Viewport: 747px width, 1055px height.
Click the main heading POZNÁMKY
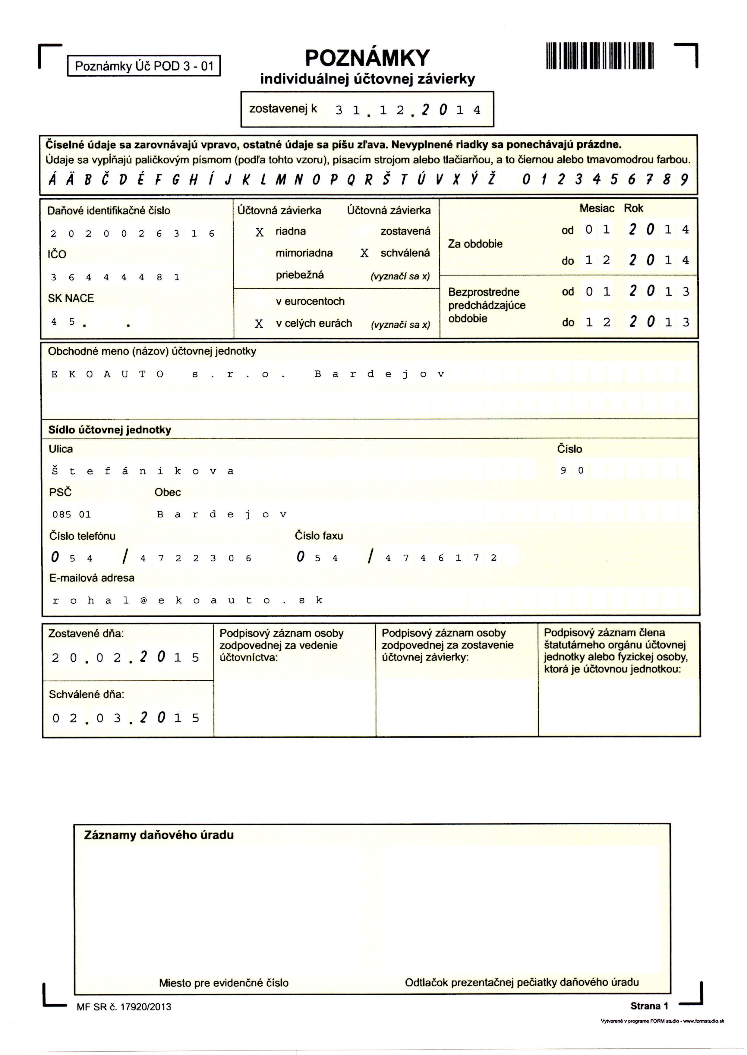pos(367,58)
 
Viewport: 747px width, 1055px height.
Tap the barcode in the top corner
pos(600,56)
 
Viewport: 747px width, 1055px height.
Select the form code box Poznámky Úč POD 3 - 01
pos(144,66)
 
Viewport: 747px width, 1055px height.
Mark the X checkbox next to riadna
pos(260,232)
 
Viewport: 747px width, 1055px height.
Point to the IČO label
pos(57,254)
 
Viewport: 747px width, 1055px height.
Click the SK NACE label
pos(71,298)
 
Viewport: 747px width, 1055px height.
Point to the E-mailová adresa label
pos(92,578)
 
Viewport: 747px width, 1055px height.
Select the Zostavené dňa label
pos(86,634)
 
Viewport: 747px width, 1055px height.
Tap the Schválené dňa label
pos(87,694)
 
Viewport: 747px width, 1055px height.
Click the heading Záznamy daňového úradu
pos(159,835)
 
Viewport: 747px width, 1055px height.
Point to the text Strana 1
pos(649,1006)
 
